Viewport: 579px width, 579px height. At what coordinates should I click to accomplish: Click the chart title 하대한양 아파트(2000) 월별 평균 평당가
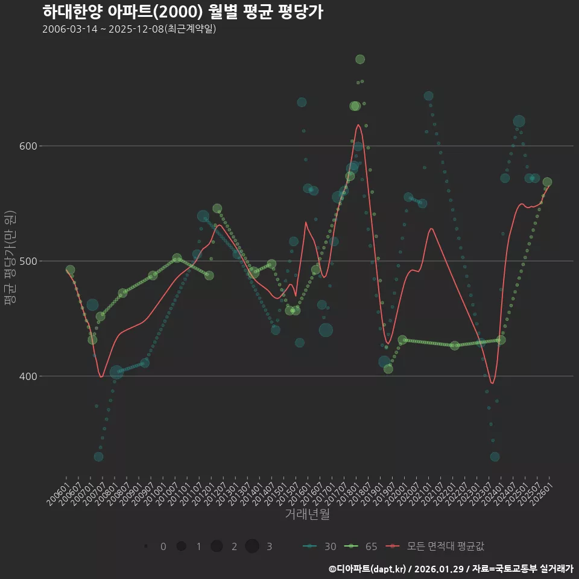pyautogui.click(x=183, y=12)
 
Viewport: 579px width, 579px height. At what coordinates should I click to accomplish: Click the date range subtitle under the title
pyautogui.click(x=129, y=30)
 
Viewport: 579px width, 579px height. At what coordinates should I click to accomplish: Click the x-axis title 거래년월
pyautogui.click(x=307, y=514)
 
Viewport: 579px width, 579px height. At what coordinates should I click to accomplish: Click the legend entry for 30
pyautogui.click(x=320, y=546)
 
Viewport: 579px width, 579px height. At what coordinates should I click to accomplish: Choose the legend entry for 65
pyautogui.click(x=361, y=546)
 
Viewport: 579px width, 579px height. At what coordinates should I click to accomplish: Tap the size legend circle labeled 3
pyautogui.click(x=252, y=546)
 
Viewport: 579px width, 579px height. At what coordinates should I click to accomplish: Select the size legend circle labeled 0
pyautogui.click(x=147, y=546)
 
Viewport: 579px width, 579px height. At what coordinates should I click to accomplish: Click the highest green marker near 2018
pyautogui.click(x=360, y=59)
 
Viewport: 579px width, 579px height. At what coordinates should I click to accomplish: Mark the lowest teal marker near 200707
pyautogui.click(x=98, y=457)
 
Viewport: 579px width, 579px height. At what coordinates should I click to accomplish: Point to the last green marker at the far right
pyautogui.click(x=547, y=182)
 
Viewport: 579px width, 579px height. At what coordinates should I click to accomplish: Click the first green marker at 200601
pyautogui.click(x=70, y=270)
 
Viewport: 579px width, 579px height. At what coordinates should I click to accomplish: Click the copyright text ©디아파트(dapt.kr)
pyautogui.click(x=368, y=569)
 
